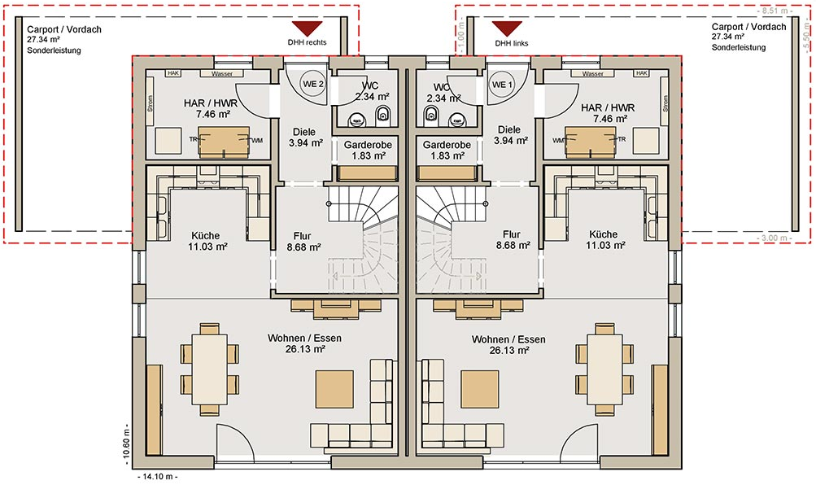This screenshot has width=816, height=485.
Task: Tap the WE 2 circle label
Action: click(x=313, y=85)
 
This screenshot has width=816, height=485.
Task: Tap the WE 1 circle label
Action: click(x=502, y=85)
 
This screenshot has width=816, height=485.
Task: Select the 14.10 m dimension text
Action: click(x=157, y=477)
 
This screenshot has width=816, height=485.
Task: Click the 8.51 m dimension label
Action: click(x=775, y=11)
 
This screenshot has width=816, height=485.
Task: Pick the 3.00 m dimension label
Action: click(x=775, y=238)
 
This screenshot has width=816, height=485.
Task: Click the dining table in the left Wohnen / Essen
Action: click(x=210, y=369)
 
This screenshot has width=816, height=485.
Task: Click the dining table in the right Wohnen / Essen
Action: click(x=604, y=369)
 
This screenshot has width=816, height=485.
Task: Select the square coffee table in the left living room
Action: click(x=334, y=389)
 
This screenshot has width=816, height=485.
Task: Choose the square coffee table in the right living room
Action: click(x=480, y=389)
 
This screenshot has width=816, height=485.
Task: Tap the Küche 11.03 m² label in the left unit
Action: click(x=207, y=241)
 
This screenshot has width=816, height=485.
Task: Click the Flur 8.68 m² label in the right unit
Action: click(x=513, y=240)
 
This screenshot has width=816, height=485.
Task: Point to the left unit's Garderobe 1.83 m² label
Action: click(x=368, y=151)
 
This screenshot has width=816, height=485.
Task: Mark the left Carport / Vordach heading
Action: click(x=64, y=29)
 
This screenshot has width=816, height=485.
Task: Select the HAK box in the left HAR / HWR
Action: click(x=173, y=73)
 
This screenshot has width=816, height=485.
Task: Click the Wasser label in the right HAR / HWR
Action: click(x=593, y=74)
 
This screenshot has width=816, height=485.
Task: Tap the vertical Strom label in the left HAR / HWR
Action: click(x=151, y=103)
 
